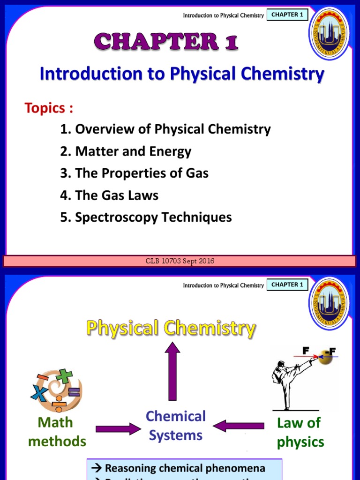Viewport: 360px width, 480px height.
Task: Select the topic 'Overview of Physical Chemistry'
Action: [x=165, y=129]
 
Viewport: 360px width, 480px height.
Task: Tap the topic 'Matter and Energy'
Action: [x=126, y=151]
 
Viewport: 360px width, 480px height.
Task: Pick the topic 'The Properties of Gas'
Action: [x=134, y=173]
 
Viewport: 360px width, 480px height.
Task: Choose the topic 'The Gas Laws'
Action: [x=109, y=195]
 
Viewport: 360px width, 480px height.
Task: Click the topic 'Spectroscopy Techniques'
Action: [x=146, y=217]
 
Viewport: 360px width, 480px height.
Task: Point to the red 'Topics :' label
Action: [x=49, y=108]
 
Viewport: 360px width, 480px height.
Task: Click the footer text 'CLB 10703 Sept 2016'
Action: [x=180, y=261]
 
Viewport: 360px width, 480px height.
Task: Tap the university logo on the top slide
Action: [x=329, y=33]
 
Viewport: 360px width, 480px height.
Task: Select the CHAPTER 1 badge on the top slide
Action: [x=287, y=15]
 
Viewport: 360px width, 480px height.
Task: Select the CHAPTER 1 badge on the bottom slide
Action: [x=287, y=285]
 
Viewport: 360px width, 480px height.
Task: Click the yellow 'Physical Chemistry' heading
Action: [x=171, y=328]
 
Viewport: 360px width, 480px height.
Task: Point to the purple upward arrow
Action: [x=172, y=370]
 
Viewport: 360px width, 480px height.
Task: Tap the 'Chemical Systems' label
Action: [x=176, y=426]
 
